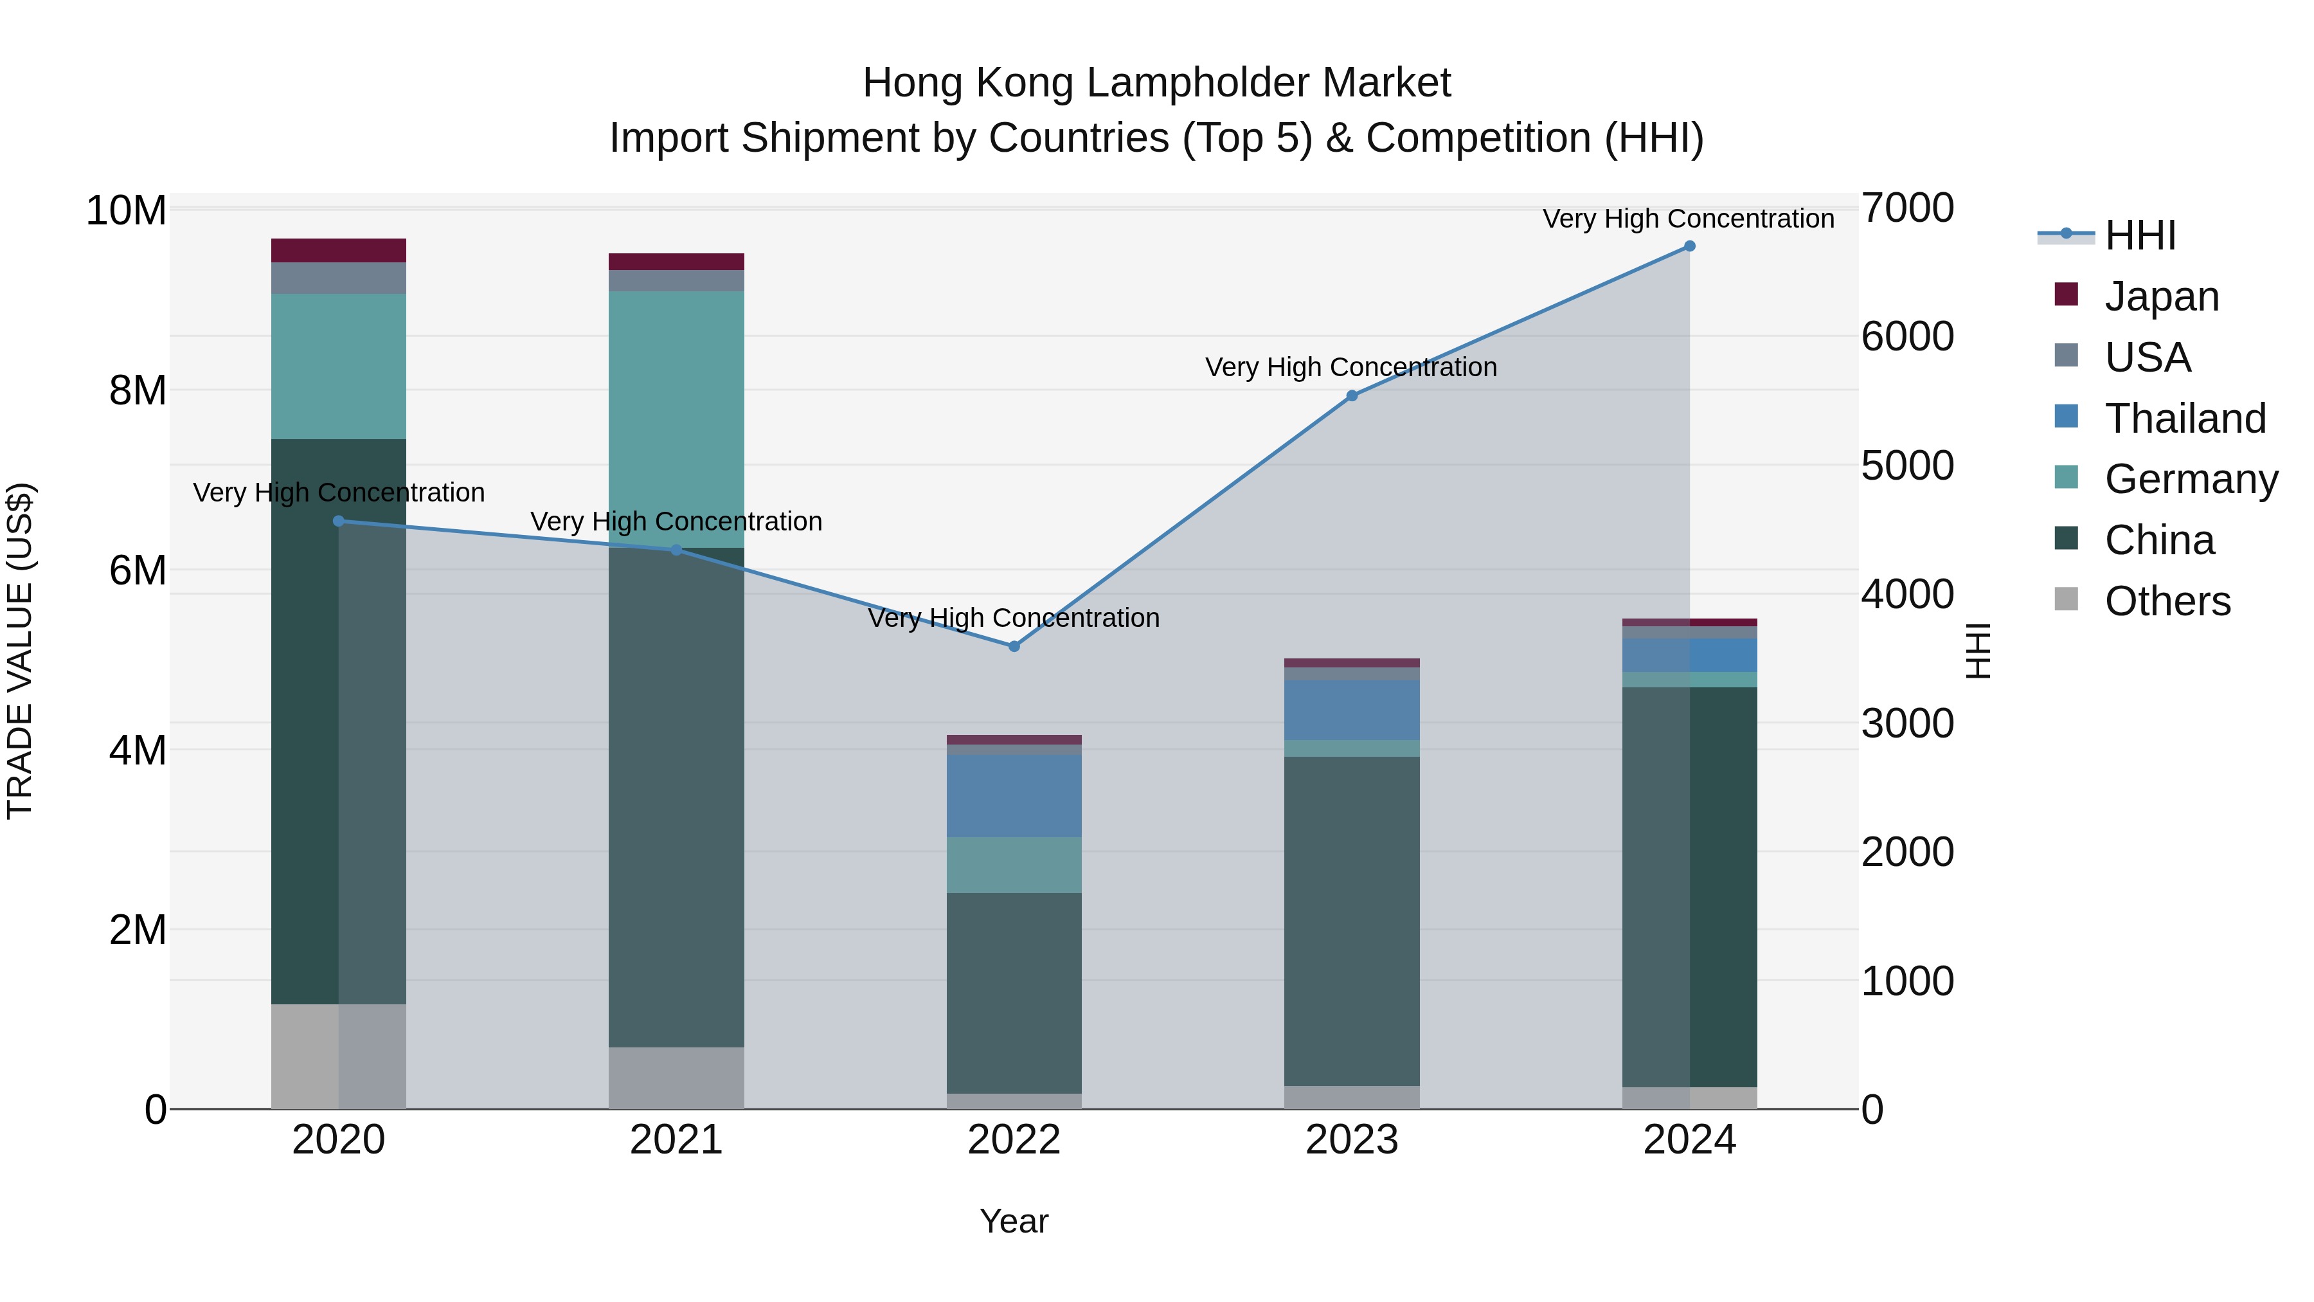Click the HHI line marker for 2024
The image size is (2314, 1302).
pos(1689,246)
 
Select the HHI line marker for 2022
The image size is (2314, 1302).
pos(1014,646)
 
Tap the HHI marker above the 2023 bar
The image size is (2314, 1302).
pos(1352,395)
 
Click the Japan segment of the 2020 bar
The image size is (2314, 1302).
pos(339,250)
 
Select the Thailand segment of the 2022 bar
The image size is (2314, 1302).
pos(1014,795)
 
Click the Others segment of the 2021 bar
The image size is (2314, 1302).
pos(676,1078)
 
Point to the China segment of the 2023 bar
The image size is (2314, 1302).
pos(1352,921)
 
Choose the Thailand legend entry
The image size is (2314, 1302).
pos(2185,419)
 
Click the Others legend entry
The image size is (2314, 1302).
pos(2167,601)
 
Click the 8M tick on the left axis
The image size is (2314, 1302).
pos(138,391)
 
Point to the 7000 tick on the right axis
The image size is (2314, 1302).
pos(1907,208)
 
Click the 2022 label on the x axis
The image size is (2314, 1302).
pos(1014,1140)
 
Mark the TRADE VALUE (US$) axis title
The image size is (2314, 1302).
pos(20,651)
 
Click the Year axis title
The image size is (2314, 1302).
pos(1014,1221)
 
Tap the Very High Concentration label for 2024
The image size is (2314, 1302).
pos(1688,219)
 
